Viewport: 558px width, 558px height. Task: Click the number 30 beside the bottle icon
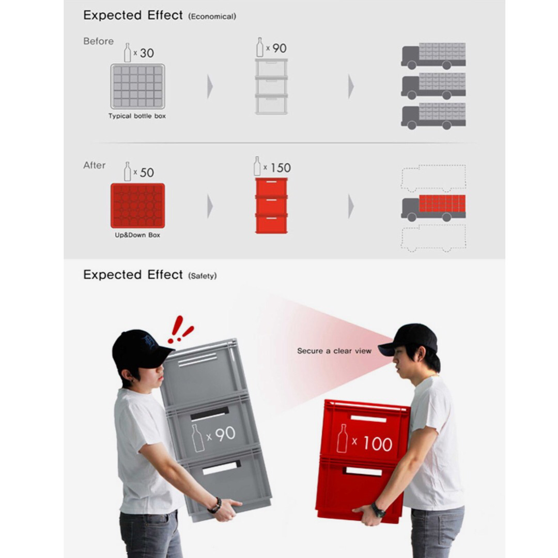pos(147,53)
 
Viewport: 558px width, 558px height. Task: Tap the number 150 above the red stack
pos(281,168)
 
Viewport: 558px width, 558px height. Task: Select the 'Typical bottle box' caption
pos(137,116)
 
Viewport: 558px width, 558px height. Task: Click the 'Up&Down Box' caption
pos(137,235)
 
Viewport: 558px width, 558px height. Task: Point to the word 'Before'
pos(98,41)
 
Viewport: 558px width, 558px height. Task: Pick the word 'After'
pos(94,165)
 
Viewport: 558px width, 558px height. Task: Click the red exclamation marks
pos(179,330)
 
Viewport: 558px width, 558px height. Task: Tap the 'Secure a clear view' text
pos(334,351)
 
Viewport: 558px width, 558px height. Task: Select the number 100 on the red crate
pos(377,443)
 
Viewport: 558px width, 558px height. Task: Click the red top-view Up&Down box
pos(137,206)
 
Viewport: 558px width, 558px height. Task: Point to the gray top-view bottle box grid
pos(137,86)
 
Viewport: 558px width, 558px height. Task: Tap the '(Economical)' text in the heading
pos(212,17)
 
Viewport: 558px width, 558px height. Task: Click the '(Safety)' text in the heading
pos(202,276)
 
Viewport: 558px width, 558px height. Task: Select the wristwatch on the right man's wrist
pos(378,510)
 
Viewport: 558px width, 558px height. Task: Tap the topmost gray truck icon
pos(433,56)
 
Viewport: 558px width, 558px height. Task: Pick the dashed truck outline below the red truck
pos(433,238)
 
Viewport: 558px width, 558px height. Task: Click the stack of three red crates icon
pos(271,205)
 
